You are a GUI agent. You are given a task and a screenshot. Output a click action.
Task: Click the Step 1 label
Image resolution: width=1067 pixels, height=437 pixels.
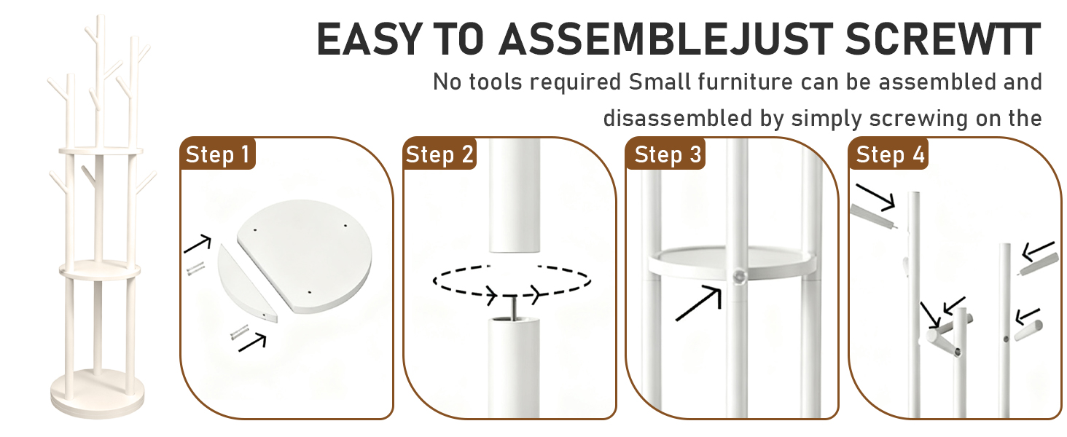tap(218, 154)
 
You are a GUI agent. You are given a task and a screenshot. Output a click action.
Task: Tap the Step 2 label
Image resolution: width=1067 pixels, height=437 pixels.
tap(439, 154)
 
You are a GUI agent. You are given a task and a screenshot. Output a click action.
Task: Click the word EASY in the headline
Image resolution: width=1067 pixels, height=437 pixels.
tap(370, 39)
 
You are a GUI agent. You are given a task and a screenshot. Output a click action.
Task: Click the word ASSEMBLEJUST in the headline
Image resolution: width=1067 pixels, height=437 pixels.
tap(665, 39)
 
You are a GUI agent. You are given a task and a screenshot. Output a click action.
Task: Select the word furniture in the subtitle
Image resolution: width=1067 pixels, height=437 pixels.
tap(745, 82)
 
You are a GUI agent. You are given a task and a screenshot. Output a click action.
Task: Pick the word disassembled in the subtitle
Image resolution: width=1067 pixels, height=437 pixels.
tap(677, 118)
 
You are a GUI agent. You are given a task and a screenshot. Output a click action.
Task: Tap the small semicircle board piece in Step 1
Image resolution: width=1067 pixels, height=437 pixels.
tap(246, 284)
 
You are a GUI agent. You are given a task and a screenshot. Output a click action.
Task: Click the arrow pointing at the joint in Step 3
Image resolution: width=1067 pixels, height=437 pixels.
tap(698, 303)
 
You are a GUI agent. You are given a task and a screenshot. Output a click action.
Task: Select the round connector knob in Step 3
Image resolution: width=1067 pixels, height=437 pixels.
tap(739, 275)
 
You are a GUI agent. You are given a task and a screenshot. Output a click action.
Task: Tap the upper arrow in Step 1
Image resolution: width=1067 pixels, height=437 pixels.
tap(198, 243)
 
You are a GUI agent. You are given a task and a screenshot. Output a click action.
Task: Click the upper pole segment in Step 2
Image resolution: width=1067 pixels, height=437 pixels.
tap(515, 195)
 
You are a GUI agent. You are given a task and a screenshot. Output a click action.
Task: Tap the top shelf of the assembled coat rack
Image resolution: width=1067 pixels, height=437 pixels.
tap(101, 151)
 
